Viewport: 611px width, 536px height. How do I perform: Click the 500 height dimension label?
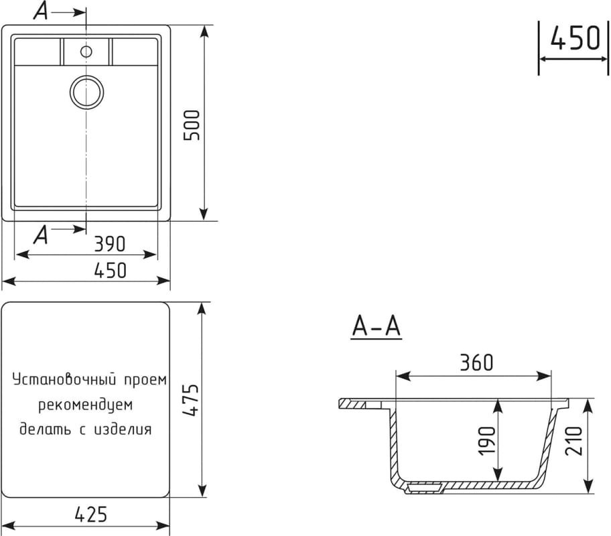pyautogui.click(x=193, y=124)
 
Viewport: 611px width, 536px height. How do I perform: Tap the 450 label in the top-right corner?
pyautogui.click(x=574, y=39)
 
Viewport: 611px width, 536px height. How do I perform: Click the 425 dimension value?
pyautogui.click(x=90, y=515)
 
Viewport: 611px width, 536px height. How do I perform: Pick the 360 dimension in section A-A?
pyautogui.click(x=476, y=362)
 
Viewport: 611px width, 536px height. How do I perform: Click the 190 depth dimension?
pyautogui.click(x=488, y=441)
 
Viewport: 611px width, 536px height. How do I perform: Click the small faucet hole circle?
pyautogui.click(x=86, y=50)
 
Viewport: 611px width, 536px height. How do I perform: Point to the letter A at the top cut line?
pyautogui.click(x=42, y=11)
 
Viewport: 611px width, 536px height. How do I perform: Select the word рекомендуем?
pyautogui.click(x=86, y=405)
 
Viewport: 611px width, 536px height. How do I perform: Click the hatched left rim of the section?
pyautogui.click(x=358, y=404)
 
